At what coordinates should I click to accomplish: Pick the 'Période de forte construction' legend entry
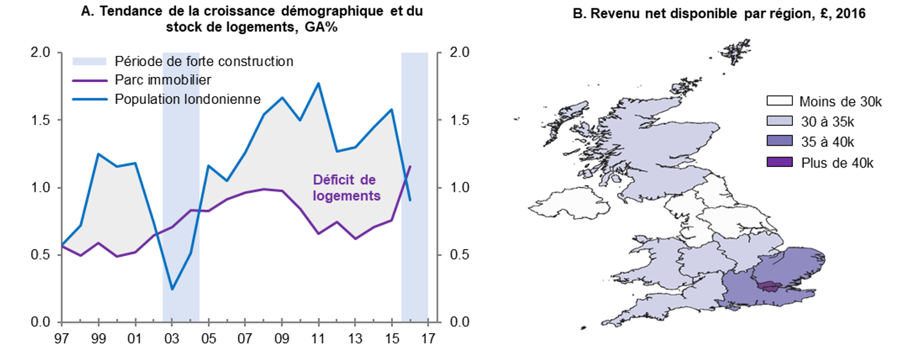[x=204, y=61]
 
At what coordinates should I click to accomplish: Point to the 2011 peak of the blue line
[x=318, y=83]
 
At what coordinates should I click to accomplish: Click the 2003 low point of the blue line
[x=172, y=289]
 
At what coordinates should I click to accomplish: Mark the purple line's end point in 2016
[x=410, y=167]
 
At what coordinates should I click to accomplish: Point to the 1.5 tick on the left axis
[x=40, y=120]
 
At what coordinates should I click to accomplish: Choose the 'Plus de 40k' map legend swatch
[x=779, y=162]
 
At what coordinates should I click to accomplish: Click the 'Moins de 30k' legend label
[x=836, y=101]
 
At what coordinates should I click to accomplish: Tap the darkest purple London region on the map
[x=768, y=286]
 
